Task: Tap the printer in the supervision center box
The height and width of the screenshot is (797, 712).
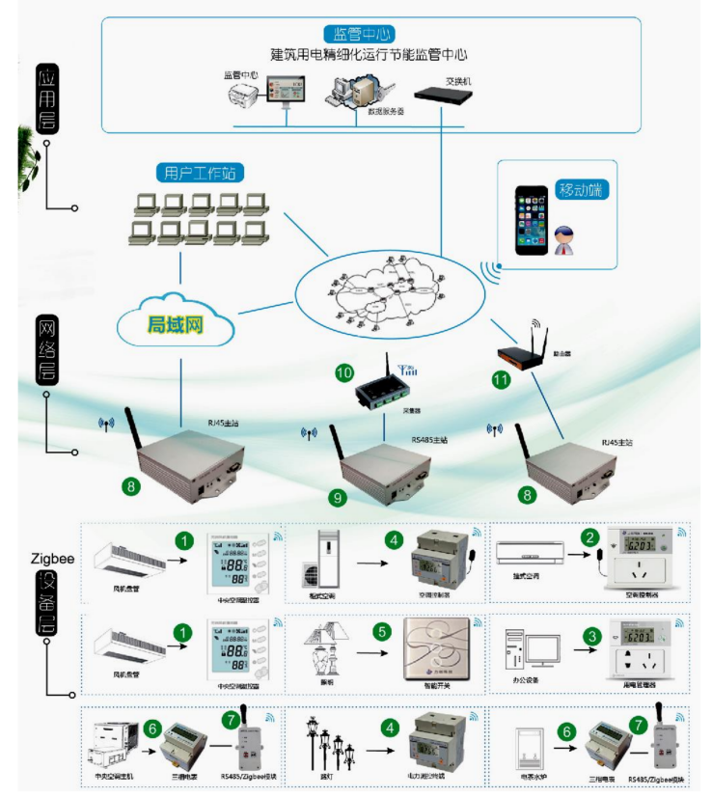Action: (243, 94)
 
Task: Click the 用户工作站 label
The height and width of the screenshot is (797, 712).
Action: (200, 173)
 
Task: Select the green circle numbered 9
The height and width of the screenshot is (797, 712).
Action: (337, 497)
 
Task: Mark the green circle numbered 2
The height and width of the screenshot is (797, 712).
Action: (586, 536)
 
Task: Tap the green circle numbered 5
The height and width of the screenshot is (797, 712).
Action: (382, 633)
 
